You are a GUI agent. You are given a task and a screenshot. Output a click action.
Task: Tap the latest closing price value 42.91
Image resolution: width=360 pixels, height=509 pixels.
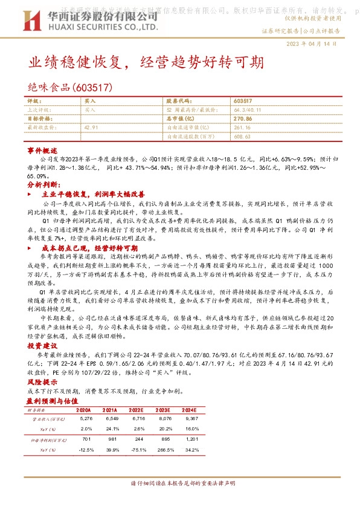click(92, 128)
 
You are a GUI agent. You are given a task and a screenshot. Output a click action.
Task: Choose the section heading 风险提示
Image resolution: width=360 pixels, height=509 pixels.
click(42, 383)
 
